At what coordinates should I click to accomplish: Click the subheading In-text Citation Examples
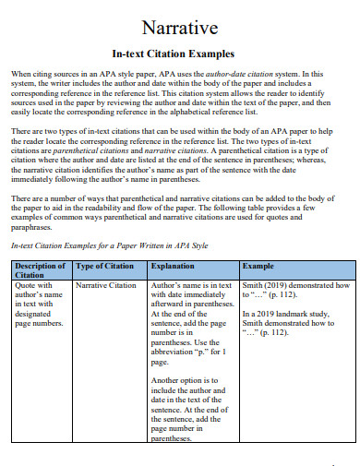[x=179, y=54]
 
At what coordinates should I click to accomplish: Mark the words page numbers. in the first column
[x=37, y=324]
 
